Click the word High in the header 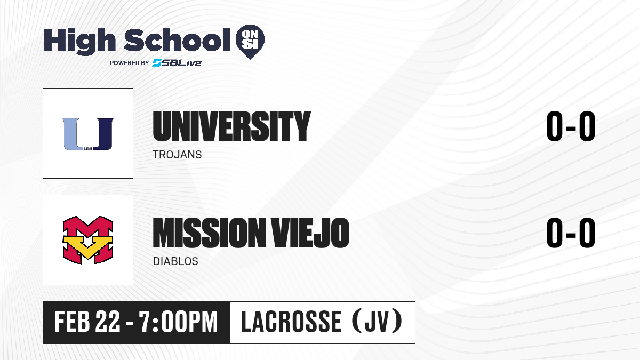click(79, 41)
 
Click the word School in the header click(177, 40)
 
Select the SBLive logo click(177, 62)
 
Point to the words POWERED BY click(130, 63)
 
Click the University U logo click(88, 134)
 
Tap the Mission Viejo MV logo click(88, 240)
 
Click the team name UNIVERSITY click(231, 126)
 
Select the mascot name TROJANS click(177, 155)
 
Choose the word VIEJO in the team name click(310, 233)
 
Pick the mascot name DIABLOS click(175, 261)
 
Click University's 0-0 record click(571, 126)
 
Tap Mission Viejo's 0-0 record click(571, 233)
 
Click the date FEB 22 click(87, 322)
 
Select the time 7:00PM click(178, 322)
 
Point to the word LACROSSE click(291, 322)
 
